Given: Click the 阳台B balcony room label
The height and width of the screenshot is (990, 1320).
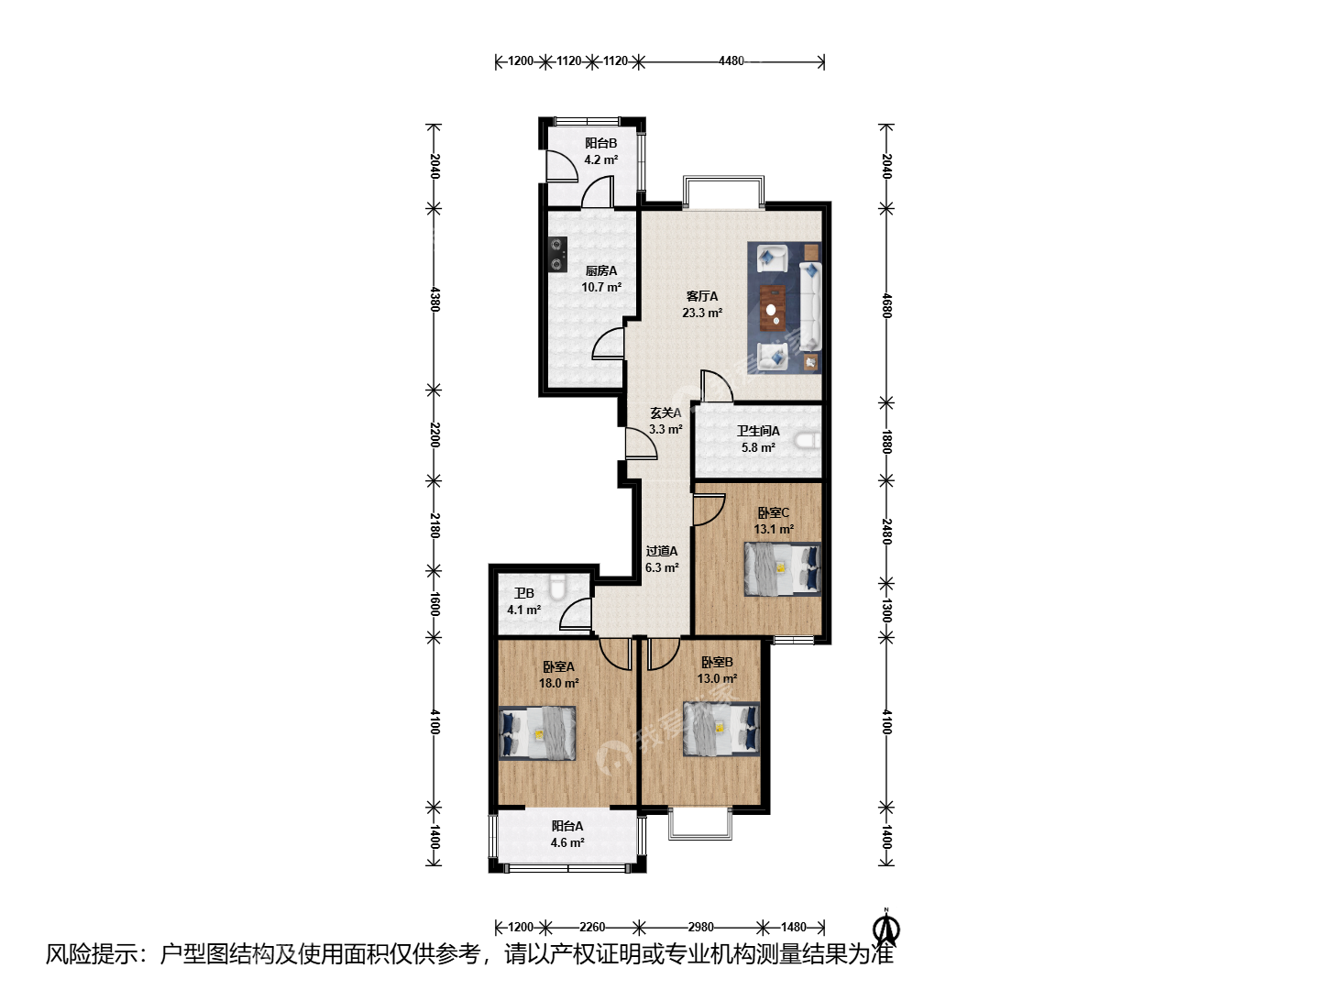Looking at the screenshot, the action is click(x=600, y=143).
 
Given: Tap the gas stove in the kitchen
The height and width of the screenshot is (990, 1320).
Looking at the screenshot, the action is click(x=137, y=254).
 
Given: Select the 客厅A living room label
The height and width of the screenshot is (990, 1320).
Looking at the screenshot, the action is click(x=702, y=296).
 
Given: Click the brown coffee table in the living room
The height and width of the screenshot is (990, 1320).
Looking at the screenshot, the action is click(x=773, y=308).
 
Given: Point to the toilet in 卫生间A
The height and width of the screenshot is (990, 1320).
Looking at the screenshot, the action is click(x=807, y=441).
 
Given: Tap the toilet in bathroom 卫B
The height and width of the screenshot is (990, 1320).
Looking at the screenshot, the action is click(x=557, y=588).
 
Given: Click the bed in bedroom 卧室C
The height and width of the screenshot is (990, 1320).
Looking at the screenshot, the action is click(x=783, y=569).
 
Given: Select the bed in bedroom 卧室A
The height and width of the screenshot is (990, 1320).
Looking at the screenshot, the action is click(x=537, y=732).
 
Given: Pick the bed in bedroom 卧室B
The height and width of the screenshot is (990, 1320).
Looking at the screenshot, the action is click(x=721, y=729).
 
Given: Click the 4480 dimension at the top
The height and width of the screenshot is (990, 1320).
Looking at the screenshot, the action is click(x=731, y=60).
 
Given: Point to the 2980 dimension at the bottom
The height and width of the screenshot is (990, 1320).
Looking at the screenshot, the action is click(x=700, y=927).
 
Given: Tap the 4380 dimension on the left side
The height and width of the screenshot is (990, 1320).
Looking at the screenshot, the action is click(x=434, y=300).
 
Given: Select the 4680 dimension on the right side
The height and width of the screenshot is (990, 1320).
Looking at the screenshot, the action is click(x=886, y=305).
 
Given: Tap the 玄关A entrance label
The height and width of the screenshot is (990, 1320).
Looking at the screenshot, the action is click(x=665, y=412).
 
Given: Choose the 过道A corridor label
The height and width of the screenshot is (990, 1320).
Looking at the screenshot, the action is click(x=662, y=551).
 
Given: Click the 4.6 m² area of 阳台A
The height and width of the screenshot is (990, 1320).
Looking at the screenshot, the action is click(x=567, y=842).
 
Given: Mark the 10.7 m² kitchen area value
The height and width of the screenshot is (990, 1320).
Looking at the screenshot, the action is click(x=600, y=287).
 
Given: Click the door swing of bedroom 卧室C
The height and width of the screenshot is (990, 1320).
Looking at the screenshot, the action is click(x=709, y=509).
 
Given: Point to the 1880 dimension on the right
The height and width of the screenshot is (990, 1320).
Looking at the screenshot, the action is click(x=886, y=442).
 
